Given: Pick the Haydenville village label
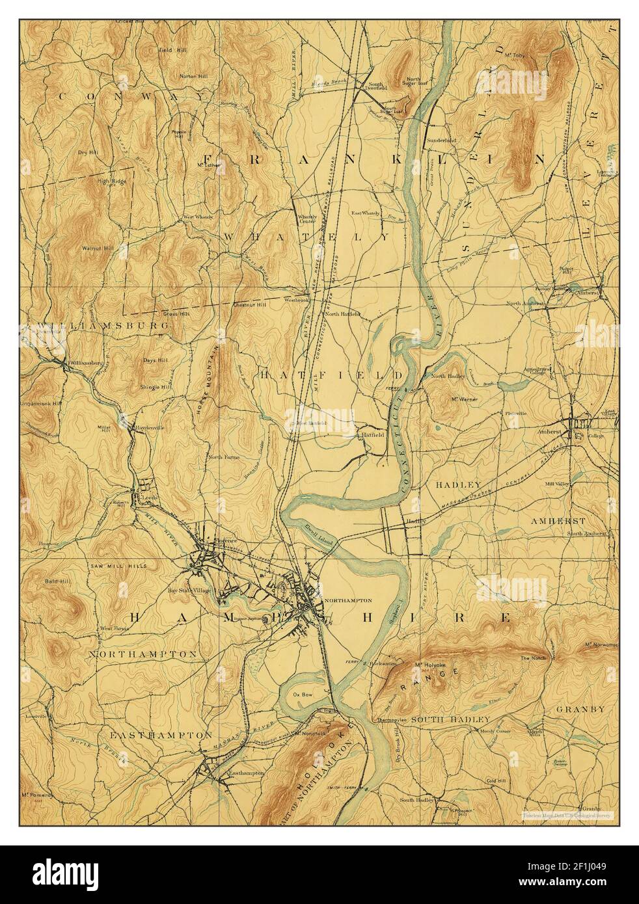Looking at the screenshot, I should [x=150, y=427].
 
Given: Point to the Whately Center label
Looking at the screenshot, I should [x=306, y=219].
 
